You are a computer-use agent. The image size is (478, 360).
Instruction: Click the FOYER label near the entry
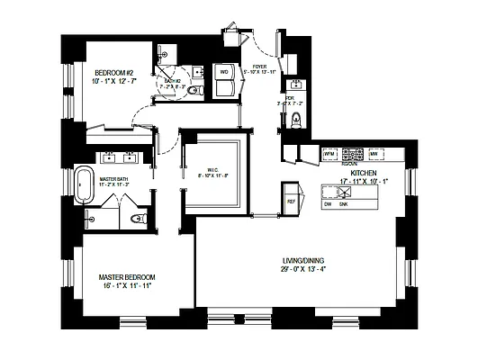(258, 66)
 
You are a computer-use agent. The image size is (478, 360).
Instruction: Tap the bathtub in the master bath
(84, 184)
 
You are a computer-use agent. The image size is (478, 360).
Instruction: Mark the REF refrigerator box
(291, 201)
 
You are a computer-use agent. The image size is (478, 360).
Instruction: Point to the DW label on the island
(329, 205)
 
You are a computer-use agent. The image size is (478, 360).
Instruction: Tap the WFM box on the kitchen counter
(330, 156)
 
